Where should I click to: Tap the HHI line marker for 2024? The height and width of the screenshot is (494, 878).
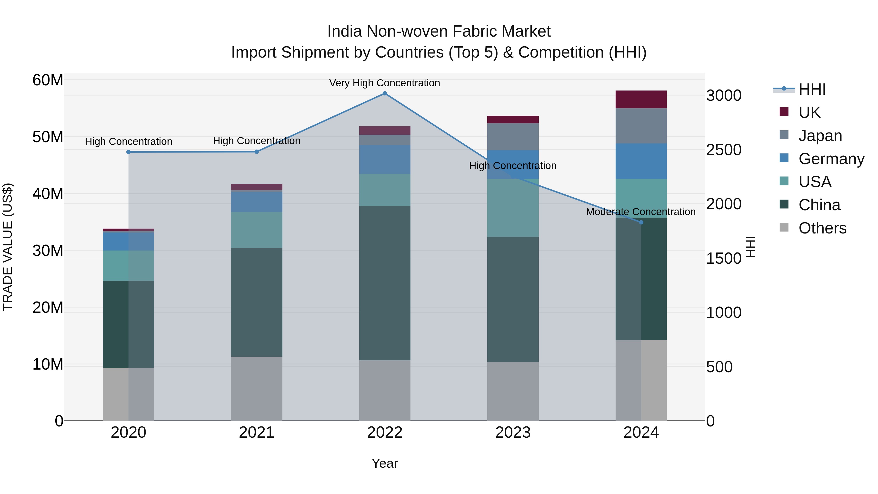[641, 222]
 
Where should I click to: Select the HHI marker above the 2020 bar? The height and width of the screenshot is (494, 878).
[129, 152]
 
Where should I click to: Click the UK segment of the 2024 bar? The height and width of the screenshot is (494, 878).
[641, 100]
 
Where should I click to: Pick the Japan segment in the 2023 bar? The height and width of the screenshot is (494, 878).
[513, 137]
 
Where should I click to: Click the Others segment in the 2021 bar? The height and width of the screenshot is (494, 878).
[256, 389]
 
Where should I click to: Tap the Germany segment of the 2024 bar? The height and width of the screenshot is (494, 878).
[641, 161]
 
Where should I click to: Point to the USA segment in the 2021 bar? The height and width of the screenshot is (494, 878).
[256, 230]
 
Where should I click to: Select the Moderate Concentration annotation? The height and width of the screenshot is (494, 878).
[641, 212]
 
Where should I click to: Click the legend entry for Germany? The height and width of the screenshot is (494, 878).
[831, 159]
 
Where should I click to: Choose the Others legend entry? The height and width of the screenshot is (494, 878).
[822, 228]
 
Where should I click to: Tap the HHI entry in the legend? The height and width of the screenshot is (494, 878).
[812, 89]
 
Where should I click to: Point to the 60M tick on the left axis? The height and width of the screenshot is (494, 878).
[48, 81]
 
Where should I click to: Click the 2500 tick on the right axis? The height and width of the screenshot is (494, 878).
[724, 150]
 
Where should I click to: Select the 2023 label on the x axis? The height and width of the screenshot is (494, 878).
[513, 433]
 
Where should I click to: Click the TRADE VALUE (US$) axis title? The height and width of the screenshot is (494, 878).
[8, 247]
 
